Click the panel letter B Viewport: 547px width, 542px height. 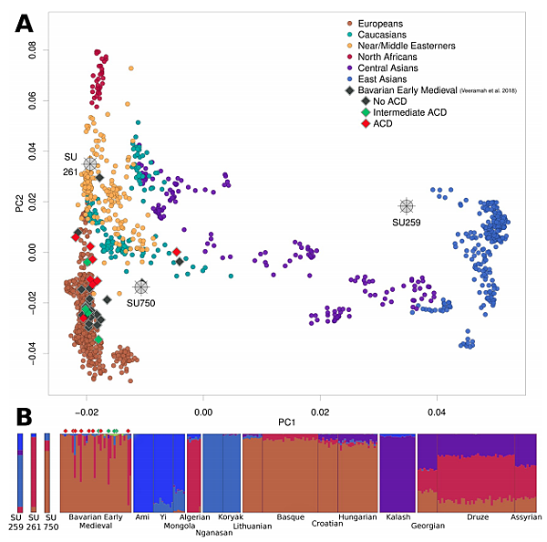[25, 418]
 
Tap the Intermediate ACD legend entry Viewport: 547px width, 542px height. [409, 112]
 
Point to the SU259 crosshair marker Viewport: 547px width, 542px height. [406, 206]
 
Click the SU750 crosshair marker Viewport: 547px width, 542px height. [141, 287]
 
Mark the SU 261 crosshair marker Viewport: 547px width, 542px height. [89, 163]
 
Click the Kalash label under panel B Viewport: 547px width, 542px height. [397, 517]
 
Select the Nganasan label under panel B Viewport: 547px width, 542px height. [213, 533]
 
